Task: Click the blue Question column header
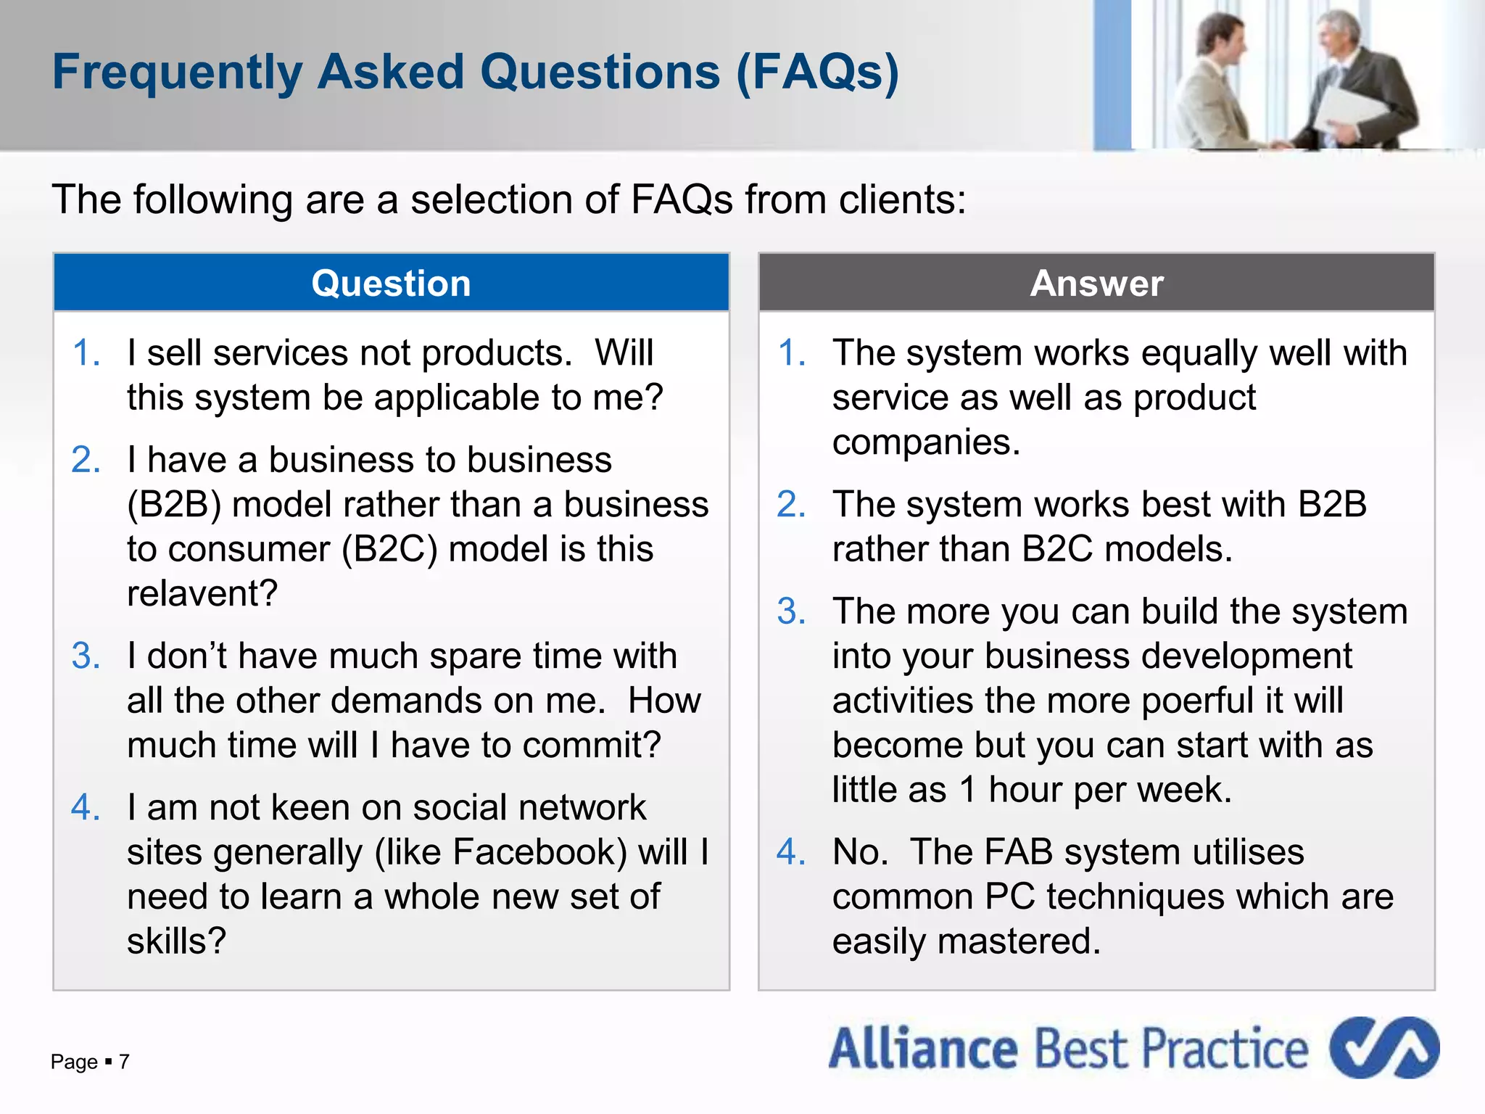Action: coord(391,283)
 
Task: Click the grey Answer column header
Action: coord(1096,283)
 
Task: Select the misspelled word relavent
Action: coord(202,594)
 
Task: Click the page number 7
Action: coord(124,1062)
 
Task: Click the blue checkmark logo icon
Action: coord(1383,1047)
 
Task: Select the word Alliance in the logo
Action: coord(923,1049)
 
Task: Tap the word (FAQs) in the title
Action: coord(817,73)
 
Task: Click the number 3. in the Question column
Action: coord(86,656)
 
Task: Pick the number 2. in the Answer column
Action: coord(791,505)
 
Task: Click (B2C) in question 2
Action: coord(390,550)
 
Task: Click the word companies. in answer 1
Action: coord(926,442)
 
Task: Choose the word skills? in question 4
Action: coord(176,941)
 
